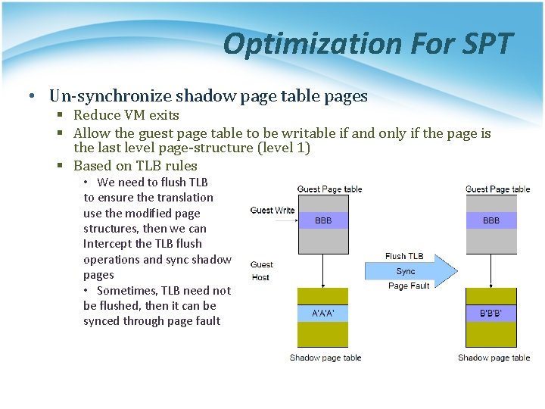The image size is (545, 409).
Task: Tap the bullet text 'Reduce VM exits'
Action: coord(126,115)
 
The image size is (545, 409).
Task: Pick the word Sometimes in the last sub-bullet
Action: coord(133,290)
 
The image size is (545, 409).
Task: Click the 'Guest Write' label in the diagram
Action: coord(272,211)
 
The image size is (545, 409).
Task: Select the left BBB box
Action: coord(323,220)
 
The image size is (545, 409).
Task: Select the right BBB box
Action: coord(491,220)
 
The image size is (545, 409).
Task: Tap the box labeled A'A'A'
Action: coord(323,313)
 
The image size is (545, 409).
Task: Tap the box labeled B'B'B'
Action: coord(491,313)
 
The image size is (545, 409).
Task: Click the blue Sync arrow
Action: coord(410,271)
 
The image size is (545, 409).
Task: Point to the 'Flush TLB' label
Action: coord(405,256)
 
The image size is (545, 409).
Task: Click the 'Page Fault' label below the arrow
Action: coord(409,286)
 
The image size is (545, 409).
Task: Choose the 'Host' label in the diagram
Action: coord(260,278)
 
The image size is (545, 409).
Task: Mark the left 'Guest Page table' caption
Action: coord(329,189)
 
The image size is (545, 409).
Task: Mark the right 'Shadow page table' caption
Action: coord(494,357)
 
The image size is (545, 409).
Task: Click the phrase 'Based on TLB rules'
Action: coord(135,166)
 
